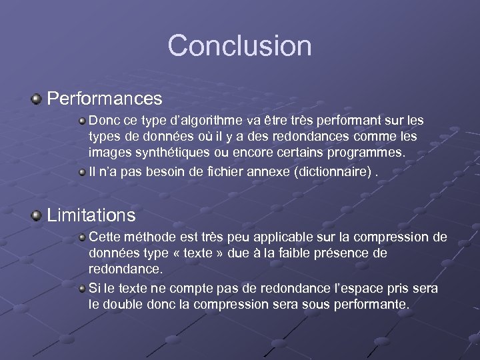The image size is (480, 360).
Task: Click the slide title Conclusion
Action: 239,45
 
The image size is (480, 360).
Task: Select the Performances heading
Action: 105,99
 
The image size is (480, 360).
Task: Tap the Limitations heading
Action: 91,215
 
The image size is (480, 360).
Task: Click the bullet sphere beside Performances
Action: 36,99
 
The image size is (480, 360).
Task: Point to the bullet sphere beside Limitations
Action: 36,215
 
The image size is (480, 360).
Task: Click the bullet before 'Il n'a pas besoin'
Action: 81,173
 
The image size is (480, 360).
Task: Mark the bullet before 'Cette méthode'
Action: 81,237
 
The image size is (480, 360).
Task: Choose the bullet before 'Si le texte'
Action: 81,289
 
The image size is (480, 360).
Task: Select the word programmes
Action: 370,152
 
